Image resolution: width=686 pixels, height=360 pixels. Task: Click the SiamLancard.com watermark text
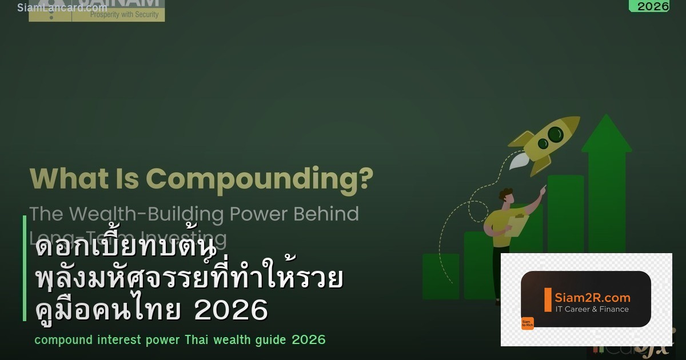62,7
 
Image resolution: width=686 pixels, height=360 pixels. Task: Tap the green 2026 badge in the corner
652,6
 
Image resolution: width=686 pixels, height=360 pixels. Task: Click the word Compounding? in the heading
260,178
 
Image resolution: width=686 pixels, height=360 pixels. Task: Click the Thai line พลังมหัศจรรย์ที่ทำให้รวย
189,280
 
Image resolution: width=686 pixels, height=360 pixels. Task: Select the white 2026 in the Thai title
231,311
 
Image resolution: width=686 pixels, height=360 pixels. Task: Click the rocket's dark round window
555,134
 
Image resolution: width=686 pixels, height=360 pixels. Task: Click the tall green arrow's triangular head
607,133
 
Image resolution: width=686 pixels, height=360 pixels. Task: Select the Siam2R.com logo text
592,298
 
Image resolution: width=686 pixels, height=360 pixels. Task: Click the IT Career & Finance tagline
592,309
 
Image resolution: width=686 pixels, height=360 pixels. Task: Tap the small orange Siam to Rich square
527,323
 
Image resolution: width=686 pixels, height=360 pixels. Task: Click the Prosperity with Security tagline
124,15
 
